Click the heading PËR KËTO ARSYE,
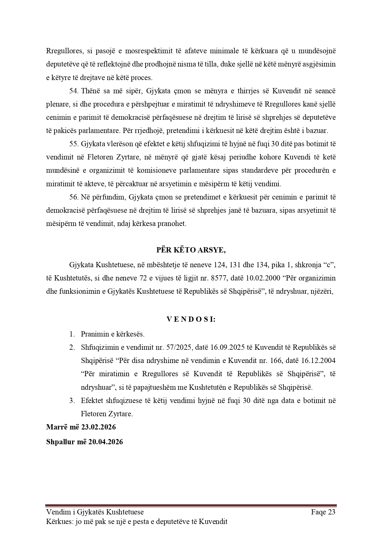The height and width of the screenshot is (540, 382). coord(191,250)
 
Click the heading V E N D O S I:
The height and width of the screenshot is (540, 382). coord(191,319)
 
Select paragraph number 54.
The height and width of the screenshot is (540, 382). coord(74,91)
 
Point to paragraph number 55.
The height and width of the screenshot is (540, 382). coord(74,144)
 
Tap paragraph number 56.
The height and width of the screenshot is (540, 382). coord(74,197)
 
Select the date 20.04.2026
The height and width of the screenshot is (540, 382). coord(106,442)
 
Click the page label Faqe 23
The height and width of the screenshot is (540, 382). coord(323,512)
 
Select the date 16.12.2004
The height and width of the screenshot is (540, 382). coord(320,361)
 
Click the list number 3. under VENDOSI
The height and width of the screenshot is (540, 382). coord(72,401)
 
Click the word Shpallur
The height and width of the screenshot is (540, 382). coord(60,442)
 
